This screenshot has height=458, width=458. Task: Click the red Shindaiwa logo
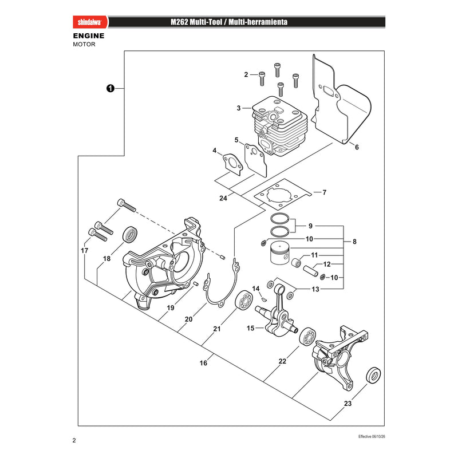click(90, 22)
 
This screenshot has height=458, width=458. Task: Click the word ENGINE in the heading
click(89, 36)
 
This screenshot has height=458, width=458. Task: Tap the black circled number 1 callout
click(110, 88)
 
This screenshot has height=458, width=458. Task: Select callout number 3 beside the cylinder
click(239, 108)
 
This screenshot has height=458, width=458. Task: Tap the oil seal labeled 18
click(130, 235)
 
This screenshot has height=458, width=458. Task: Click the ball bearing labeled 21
click(244, 299)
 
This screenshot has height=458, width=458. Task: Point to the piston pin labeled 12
click(310, 271)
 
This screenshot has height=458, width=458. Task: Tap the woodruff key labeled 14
click(264, 298)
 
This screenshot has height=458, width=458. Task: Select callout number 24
click(223, 198)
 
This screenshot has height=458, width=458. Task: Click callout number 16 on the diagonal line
click(203, 363)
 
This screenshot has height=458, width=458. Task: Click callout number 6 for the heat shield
click(357, 147)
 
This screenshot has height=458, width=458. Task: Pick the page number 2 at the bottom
click(74, 440)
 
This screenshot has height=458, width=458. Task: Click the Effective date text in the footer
click(372, 437)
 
